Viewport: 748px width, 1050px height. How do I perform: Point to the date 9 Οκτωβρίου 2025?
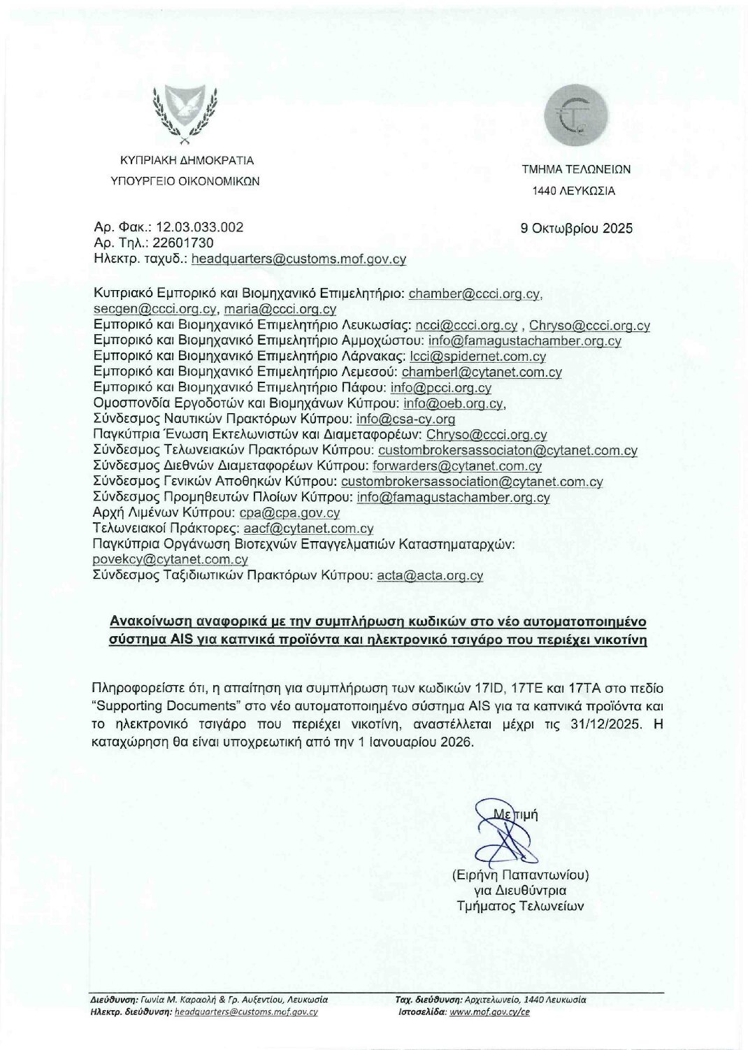pyautogui.click(x=577, y=229)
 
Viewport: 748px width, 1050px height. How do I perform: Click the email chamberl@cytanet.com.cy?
pyautogui.click(x=482, y=373)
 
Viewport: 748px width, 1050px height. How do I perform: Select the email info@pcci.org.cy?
pyautogui.click(x=443, y=388)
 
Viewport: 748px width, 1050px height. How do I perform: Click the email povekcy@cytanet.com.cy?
pyautogui.click(x=171, y=560)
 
